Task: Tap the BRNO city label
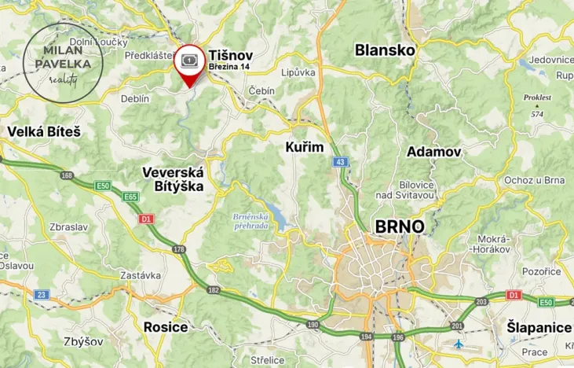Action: [400, 226]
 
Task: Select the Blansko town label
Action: [384, 50]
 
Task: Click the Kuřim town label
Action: [305, 147]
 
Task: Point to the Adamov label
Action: [434, 152]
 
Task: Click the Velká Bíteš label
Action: [43, 132]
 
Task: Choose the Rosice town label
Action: [166, 326]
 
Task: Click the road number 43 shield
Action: [339, 162]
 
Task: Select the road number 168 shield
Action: [67, 175]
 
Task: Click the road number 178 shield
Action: [180, 250]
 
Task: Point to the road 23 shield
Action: [42, 295]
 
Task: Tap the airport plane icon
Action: [459, 344]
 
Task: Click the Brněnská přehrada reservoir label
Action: [251, 221]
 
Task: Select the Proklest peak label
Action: [537, 102]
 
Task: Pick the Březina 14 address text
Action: [229, 68]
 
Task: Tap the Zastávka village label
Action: [141, 275]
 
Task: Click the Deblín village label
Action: [135, 98]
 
